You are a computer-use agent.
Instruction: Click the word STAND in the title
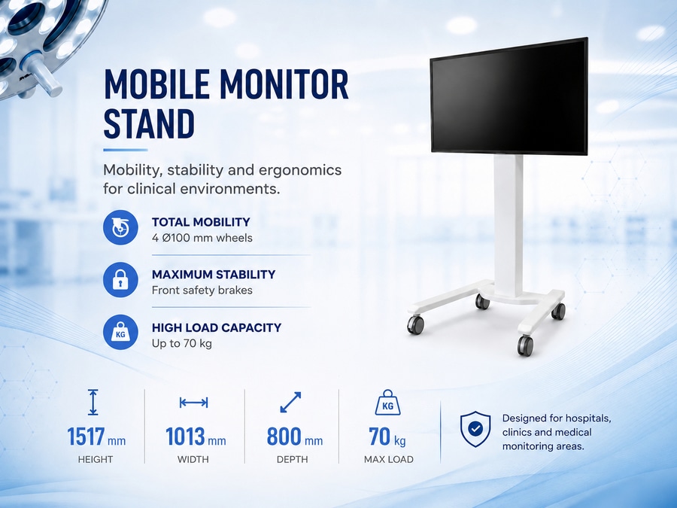[149, 123]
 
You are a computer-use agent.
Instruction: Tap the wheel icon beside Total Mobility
[120, 227]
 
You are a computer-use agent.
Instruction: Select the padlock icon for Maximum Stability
[120, 280]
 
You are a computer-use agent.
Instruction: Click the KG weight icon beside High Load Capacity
[120, 332]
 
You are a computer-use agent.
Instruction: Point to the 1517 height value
[86, 437]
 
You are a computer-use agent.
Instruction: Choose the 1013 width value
[186, 437]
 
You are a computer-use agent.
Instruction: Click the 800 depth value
[284, 437]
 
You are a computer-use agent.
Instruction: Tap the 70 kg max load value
[387, 437]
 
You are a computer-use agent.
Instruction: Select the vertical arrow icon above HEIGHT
[93, 402]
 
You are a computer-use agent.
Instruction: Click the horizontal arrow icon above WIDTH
[194, 403]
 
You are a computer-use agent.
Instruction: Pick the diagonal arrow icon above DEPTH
[290, 402]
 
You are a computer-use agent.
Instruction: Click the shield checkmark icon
[475, 429]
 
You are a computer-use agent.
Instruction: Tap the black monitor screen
[510, 96]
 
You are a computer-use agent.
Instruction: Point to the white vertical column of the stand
[509, 224]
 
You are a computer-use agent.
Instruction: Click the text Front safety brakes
[202, 291]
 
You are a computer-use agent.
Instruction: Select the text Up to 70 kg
[182, 344]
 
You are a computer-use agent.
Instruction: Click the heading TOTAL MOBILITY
[201, 222]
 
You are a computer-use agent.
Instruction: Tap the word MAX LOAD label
[389, 459]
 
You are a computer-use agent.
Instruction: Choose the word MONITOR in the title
[284, 84]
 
